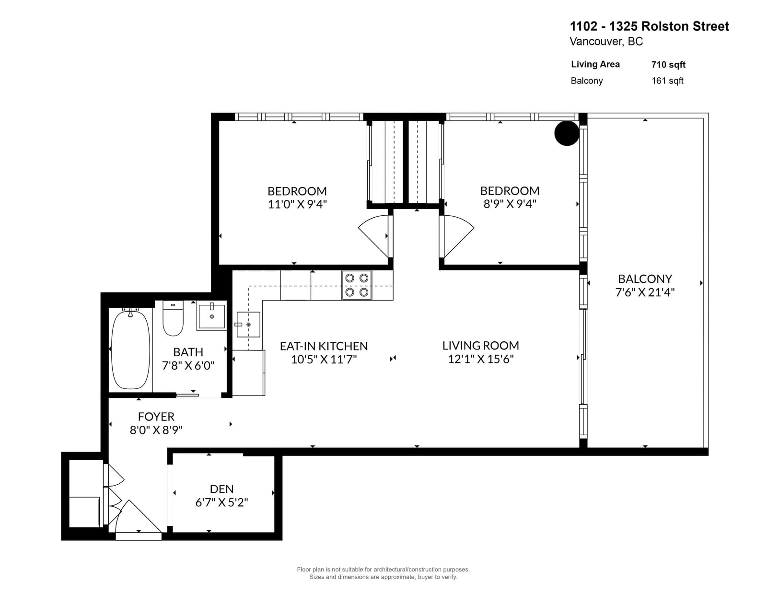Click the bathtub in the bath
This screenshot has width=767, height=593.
[x=130, y=349]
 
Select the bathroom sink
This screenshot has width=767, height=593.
[x=211, y=316]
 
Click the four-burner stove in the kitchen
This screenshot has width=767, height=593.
[x=357, y=285]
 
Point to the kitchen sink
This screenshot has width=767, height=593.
[x=248, y=325]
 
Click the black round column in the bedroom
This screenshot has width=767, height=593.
[x=567, y=133]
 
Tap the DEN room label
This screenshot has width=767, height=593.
[x=221, y=489]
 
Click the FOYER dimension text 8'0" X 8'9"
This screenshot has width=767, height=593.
[x=156, y=430]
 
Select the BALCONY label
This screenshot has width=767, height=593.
[x=645, y=279]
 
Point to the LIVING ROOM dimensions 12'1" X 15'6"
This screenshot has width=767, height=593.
[x=481, y=359]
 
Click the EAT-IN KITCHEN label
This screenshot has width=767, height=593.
[x=324, y=346]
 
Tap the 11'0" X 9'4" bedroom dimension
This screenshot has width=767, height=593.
[x=297, y=204]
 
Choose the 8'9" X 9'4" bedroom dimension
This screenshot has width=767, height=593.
[x=510, y=204]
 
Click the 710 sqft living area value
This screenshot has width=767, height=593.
[x=669, y=65]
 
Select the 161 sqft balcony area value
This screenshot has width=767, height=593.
[x=667, y=81]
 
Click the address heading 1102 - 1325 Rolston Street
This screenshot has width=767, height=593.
[x=650, y=26]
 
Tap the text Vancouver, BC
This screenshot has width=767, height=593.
[x=606, y=41]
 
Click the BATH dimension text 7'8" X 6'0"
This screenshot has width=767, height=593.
[x=188, y=365]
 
